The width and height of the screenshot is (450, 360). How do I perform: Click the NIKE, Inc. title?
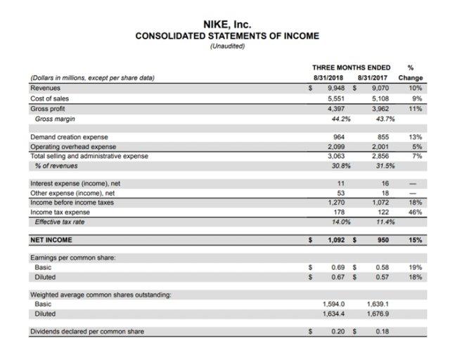pos(226,25)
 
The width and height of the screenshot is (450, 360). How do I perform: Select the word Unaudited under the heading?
pos(226,46)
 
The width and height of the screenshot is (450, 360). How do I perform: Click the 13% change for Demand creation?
pos(415,136)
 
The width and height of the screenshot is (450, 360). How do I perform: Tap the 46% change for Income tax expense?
pos(415,212)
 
